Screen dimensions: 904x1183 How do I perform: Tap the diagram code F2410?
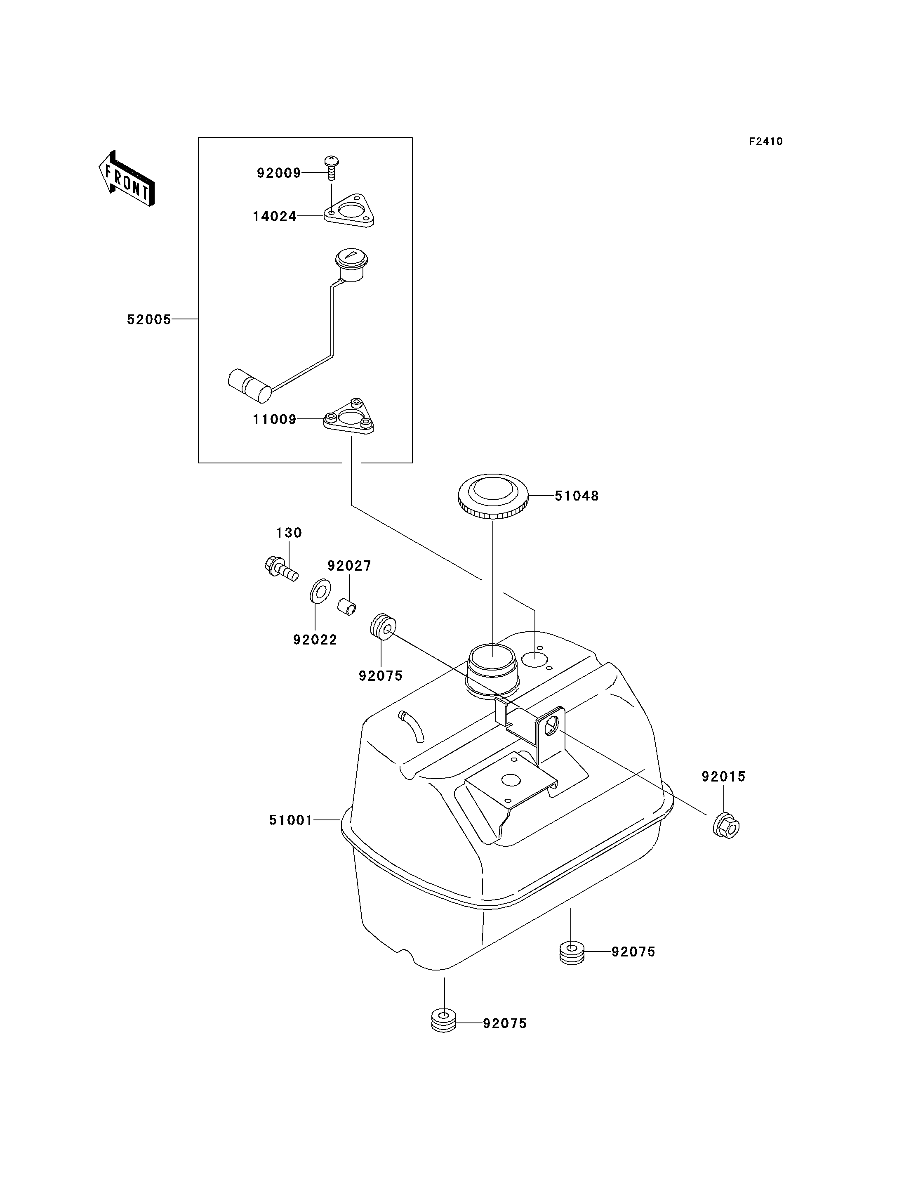(766, 142)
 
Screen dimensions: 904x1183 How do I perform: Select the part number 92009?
(279, 173)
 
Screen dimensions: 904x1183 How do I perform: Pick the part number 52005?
(149, 319)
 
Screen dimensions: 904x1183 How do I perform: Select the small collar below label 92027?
(347, 606)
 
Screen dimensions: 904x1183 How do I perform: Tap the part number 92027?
(349, 566)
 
